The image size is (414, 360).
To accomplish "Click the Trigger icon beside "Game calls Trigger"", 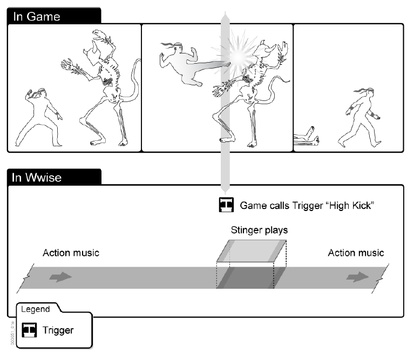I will pos(226,206).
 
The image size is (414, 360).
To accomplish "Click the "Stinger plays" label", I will pos(259,230).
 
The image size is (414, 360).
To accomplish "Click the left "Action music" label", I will pos(71,253).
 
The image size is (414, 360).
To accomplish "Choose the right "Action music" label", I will pos(356,253).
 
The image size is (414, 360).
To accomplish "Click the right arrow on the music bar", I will pos(356,277).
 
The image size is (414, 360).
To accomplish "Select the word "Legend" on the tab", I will pos(35,309).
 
